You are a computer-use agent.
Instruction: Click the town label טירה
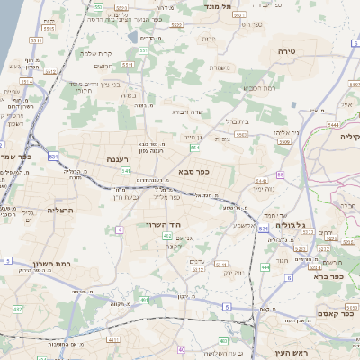pyautogui.click(x=287, y=51)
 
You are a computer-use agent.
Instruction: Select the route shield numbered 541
pyautogui.click(x=126, y=170)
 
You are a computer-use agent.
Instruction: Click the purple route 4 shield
pyautogui.click(x=119, y=229)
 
